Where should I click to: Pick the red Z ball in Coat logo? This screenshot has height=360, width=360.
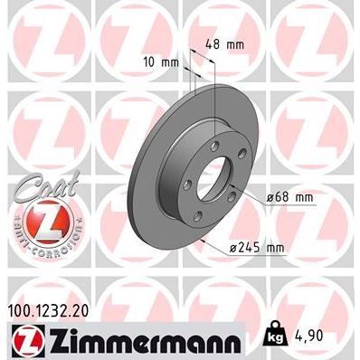(x=37, y=214)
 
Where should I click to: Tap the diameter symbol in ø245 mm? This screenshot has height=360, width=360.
(x=234, y=245)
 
